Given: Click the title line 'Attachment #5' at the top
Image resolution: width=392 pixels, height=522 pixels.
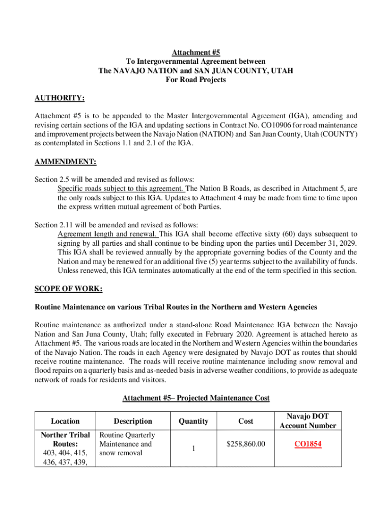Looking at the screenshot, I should pos(195,53).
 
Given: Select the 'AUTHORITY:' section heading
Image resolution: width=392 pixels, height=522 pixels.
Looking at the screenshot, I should pos(59,98).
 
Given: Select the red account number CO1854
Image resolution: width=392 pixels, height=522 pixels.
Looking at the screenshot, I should pos(308,444).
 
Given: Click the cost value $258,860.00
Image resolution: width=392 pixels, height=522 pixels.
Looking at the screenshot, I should pos(246,444).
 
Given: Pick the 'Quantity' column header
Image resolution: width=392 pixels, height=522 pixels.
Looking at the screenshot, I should pos(193,421).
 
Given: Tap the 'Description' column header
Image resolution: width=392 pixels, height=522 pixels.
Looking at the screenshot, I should pos(133,421).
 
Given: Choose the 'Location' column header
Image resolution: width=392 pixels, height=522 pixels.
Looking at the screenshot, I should pos(65,421).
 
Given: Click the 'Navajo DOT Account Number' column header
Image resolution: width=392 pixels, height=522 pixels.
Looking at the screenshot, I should pos(308,421).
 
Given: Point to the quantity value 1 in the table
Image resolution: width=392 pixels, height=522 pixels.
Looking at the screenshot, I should pos(193,449).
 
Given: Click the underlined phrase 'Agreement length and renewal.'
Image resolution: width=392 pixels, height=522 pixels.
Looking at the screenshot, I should pos(108,234).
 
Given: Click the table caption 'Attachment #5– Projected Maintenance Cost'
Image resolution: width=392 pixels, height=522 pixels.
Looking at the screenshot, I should pos(195,398).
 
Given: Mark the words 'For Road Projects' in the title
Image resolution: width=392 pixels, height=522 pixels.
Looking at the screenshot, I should pos(195,80).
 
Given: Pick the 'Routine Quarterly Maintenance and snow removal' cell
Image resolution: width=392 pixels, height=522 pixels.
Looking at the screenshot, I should pos(127,444).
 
